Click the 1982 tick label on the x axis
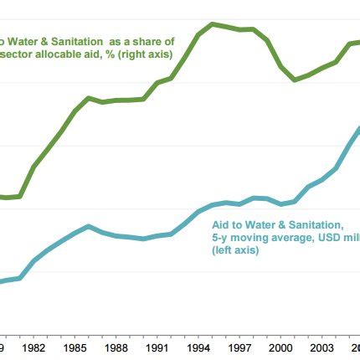click(x=34, y=347)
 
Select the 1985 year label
click(x=75, y=347)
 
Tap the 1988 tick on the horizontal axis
click(x=116, y=347)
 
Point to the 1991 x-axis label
click(x=157, y=347)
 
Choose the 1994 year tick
click(x=198, y=347)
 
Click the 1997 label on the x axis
click(x=239, y=347)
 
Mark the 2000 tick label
click(x=280, y=347)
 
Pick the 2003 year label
click(x=321, y=347)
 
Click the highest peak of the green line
click(x=213, y=23)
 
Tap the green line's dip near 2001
click(x=295, y=80)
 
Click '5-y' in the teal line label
click(x=220, y=238)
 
